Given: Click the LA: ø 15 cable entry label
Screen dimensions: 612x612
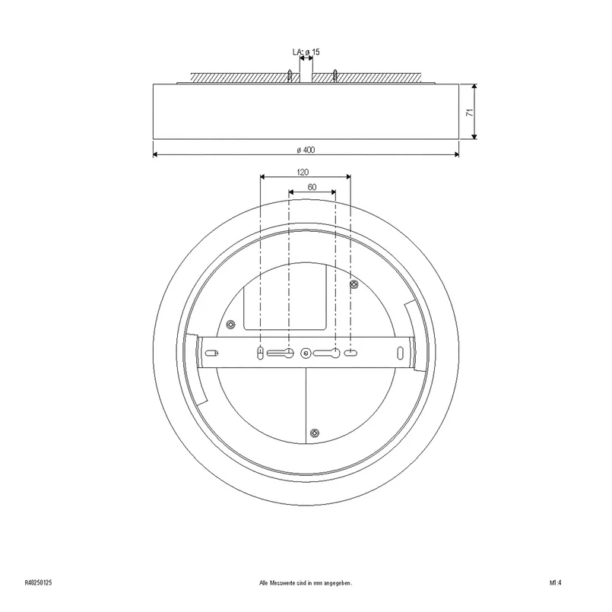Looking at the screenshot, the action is pyautogui.click(x=306, y=52).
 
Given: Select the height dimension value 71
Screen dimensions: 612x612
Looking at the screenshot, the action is pyautogui.click(x=470, y=113).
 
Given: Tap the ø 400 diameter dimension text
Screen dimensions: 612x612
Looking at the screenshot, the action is pyautogui.click(x=306, y=150).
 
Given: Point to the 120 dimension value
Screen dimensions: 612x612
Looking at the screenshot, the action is pyautogui.click(x=303, y=172).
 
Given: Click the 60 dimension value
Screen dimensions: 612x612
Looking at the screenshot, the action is pyautogui.click(x=312, y=187).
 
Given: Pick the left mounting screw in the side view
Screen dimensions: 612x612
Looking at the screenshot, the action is pyautogui.click(x=290, y=75).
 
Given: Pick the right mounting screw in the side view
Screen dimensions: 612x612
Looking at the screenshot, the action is pyautogui.click(x=335, y=75).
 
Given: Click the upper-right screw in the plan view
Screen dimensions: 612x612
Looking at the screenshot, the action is pyautogui.click(x=354, y=284).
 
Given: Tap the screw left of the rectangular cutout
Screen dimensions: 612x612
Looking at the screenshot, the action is pyautogui.click(x=231, y=324).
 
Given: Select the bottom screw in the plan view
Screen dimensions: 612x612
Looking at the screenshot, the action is pyautogui.click(x=315, y=433).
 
